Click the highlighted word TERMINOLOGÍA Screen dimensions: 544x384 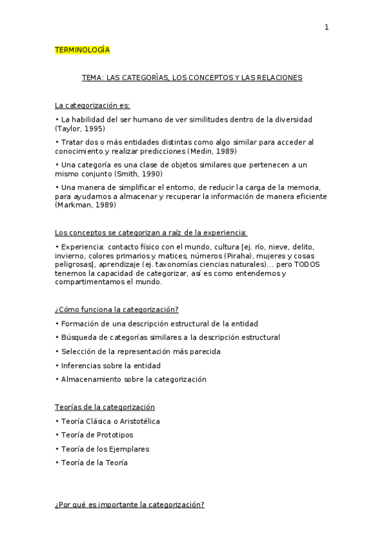pyautogui.click(x=82, y=49)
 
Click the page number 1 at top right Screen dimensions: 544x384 pyautogui.click(x=326, y=27)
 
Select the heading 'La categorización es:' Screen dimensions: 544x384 pyautogui.click(x=92, y=105)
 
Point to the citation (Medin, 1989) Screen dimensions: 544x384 pyautogui.click(x=212, y=151)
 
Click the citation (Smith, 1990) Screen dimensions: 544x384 pyautogui.click(x=138, y=173)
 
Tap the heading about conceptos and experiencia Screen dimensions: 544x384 pyautogui.click(x=151, y=232)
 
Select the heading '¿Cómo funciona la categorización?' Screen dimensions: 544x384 pyautogui.click(x=117, y=309)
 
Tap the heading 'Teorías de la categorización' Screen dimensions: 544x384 pyautogui.click(x=104, y=407)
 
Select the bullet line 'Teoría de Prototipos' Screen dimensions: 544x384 pyautogui.click(x=94, y=435)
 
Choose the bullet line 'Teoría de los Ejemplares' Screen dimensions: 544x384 pyautogui.click(x=103, y=449)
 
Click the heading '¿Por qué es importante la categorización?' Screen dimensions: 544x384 pyautogui.click(x=129, y=505)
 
